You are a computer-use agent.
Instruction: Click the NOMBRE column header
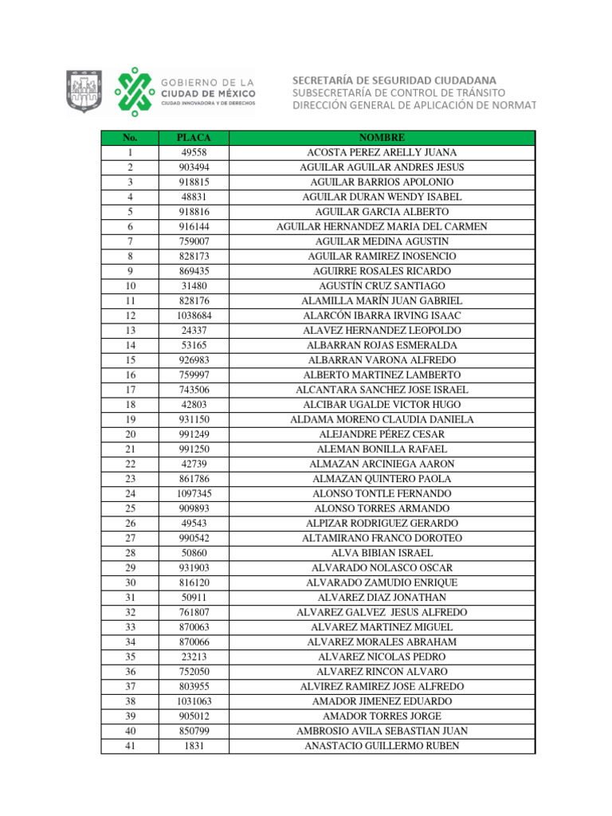tap(382, 138)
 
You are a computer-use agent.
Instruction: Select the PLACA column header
tap(194, 138)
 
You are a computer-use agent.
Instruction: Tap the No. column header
tap(129, 138)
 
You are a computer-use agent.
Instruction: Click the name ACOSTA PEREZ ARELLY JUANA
tap(382, 152)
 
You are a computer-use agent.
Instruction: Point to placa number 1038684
tap(194, 316)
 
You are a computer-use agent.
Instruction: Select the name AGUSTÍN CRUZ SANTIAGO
tap(382, 286)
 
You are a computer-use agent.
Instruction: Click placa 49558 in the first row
tap(194, 152)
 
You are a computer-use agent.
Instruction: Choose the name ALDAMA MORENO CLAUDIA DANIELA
tap(382, 419)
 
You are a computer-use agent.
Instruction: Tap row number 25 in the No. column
tap(129, 508)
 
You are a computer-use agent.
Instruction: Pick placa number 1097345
tap(194, 493)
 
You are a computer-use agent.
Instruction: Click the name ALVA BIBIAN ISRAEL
tap(382, 553)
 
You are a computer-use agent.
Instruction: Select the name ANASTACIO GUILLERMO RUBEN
tap(382, 746)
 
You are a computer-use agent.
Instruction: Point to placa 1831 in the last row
tap(194, 746)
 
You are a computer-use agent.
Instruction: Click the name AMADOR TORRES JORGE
tap(382, 716)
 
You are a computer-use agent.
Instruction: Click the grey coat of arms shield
tap(84, 92)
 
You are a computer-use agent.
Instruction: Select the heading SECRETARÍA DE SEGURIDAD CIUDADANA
tap(394, 80)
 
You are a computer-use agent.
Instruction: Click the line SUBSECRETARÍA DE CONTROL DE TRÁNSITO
tap(399, 92)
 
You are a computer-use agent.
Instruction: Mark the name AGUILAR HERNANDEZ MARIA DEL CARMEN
tap(382, 226)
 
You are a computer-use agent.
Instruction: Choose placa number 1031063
tap(194, 701)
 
